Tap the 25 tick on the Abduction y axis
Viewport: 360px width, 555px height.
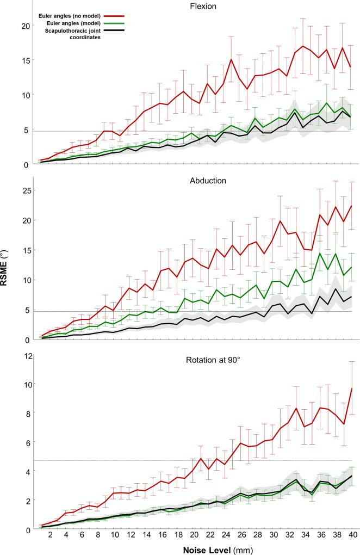23,190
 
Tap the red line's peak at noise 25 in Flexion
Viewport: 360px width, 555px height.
232,59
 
